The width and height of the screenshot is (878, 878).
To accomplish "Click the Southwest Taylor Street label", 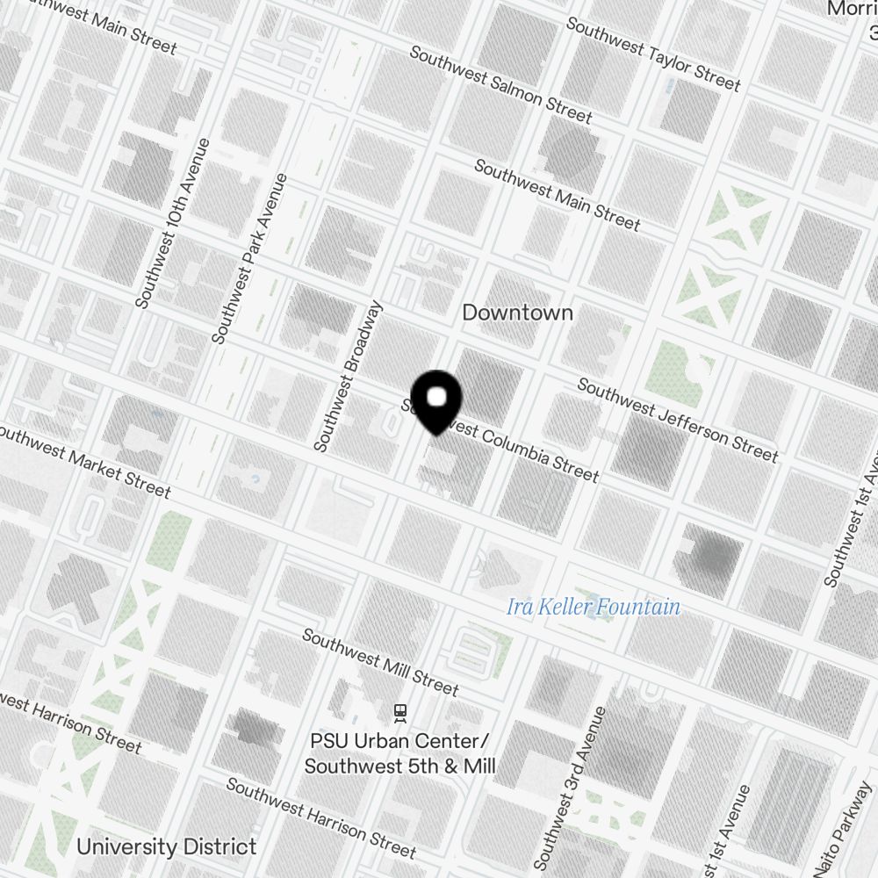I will (653, 54).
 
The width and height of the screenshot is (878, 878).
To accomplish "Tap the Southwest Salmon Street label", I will (500, 84).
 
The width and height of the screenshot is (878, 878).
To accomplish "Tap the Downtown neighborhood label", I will (517, 313).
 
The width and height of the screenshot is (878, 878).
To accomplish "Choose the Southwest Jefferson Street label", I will (677, 421).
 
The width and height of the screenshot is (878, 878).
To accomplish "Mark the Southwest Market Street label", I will (83, 462).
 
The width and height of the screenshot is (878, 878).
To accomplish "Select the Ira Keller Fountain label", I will (594, 607).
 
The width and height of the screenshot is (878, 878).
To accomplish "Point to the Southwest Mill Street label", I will (380, 661).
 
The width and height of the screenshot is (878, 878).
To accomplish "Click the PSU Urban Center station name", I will (399, 753).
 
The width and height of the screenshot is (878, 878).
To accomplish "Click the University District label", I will (166, 847).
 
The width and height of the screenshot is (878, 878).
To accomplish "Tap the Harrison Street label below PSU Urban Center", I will (320, 817).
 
